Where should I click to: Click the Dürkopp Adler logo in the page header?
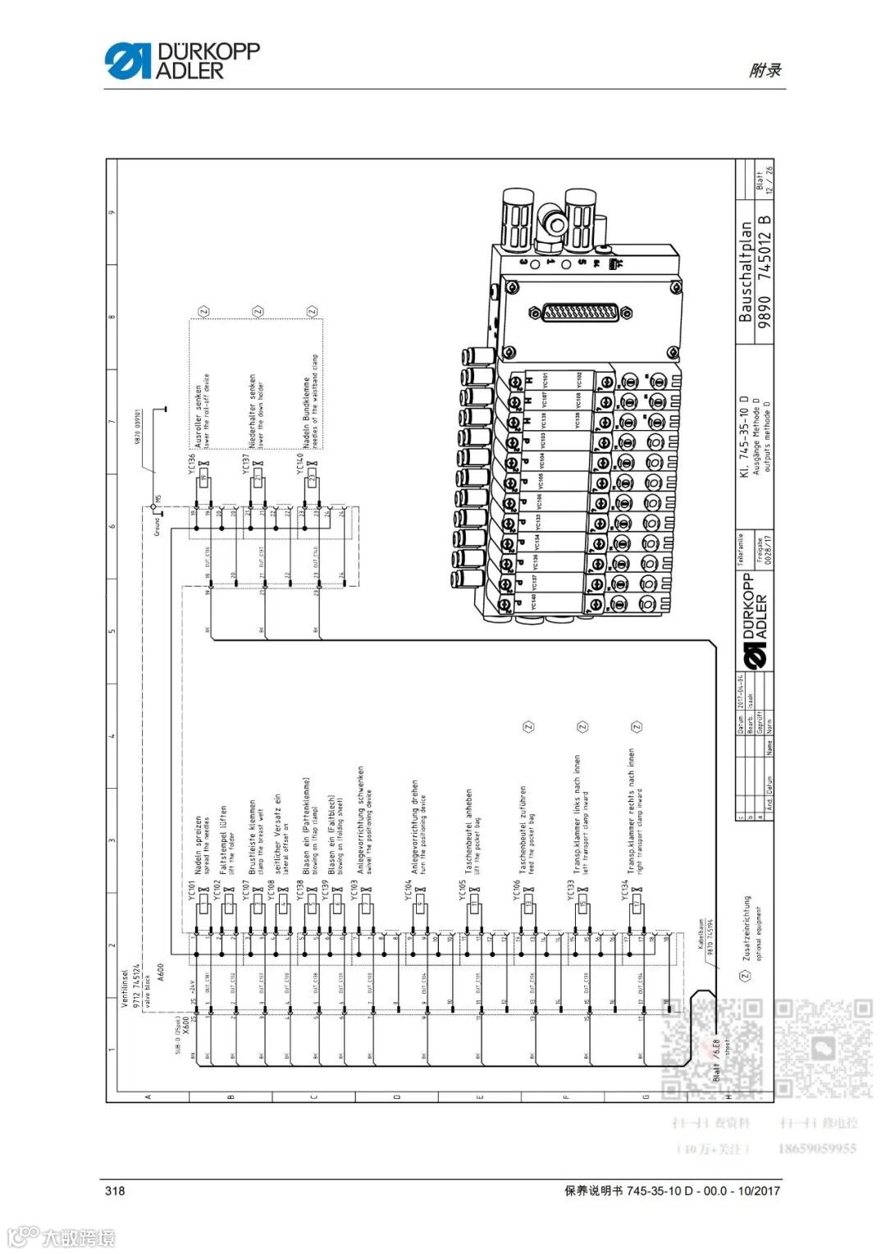click(181, 62)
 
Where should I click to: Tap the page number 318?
click(114, 1191)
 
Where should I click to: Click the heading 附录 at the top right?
click(765, 71)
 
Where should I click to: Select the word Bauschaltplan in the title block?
click(745, 272)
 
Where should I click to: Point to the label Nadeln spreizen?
click(198, 846)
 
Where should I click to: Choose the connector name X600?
click(185, 1024)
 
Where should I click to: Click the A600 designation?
click(161, 972)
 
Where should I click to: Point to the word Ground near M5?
click(157, 526)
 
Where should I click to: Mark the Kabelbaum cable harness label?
click(701, 935)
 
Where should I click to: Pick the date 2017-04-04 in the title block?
click(739, 691)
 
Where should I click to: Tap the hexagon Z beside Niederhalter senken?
click(258, 312)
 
